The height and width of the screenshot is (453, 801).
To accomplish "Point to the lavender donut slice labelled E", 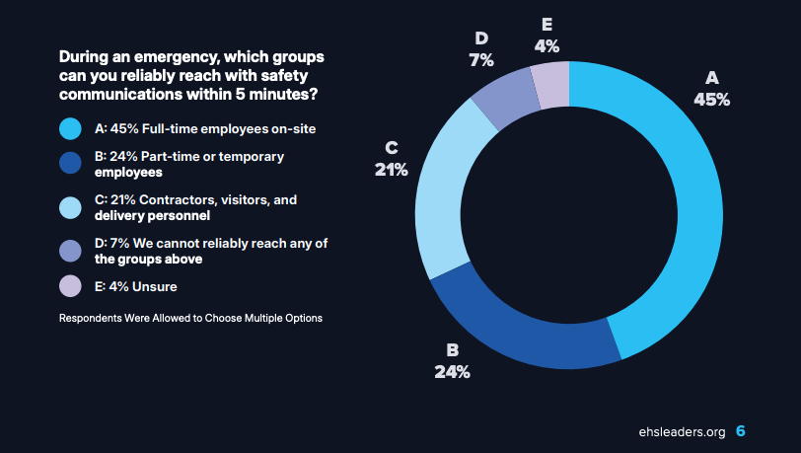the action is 551,85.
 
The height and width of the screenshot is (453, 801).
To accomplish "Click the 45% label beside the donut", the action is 711,100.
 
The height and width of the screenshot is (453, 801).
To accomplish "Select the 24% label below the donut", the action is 452,372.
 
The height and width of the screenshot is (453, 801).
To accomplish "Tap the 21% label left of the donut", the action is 392,169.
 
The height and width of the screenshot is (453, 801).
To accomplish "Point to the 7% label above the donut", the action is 481,60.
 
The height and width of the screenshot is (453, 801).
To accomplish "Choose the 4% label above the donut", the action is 546,46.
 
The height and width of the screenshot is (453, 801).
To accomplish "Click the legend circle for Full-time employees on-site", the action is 70,129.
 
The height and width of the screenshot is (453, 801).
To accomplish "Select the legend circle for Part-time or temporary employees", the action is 70,163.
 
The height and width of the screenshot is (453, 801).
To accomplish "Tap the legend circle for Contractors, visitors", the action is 70,207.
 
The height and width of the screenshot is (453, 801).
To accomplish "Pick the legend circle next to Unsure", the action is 70,286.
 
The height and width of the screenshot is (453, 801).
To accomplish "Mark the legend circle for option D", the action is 70,251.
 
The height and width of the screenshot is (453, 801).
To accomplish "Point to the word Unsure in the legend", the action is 155,287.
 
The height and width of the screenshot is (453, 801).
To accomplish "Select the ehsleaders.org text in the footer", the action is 682,432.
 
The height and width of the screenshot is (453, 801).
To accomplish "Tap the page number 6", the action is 741,431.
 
